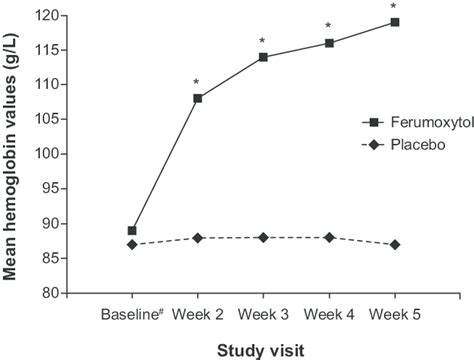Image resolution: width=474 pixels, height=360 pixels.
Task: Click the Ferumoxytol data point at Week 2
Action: (x=198, y=98)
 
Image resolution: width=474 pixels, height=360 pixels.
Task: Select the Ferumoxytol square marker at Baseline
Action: (x=132, y=230)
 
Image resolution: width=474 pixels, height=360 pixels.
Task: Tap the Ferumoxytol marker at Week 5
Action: (x=395, y=22)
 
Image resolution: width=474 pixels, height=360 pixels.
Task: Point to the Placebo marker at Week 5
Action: (x=395, y=244)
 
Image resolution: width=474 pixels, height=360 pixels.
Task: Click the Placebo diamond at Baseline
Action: (x=132, y=244)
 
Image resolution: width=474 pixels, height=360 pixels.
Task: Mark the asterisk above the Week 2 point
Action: (x=197, y=83)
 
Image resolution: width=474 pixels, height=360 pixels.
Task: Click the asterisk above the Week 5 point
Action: (x=394, y=7)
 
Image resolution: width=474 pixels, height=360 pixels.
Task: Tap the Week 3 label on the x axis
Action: (x=264, y=315)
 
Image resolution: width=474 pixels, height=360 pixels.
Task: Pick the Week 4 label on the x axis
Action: (x=329, y=315)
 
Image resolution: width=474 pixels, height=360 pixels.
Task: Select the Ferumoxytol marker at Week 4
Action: (x=329, y=43)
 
